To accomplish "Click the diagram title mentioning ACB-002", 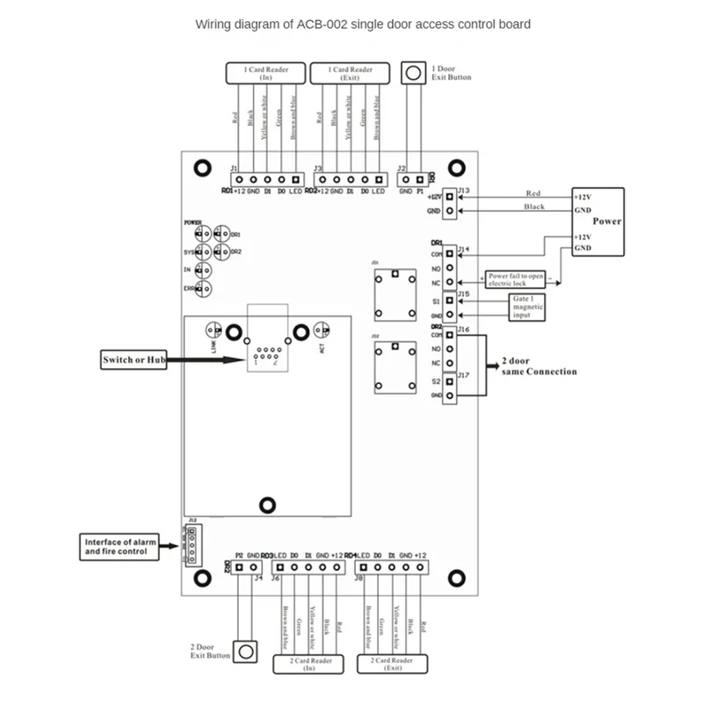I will [362, 25].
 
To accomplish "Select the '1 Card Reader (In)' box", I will [266, 73].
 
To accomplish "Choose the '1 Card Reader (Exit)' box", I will [351, 73].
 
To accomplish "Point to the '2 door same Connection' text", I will [539, 366].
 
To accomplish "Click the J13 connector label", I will [463, 190].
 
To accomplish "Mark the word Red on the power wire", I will [533, 193].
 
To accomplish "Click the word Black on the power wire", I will [533, 207].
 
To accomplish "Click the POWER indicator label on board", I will [192, 223].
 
